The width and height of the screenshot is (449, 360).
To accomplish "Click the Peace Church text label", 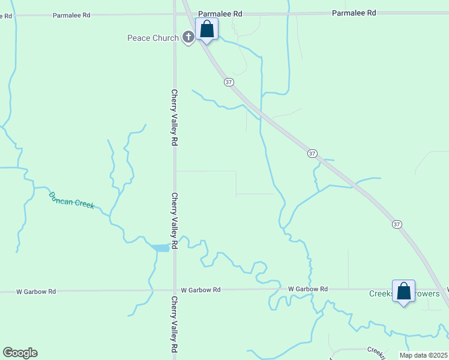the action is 152,38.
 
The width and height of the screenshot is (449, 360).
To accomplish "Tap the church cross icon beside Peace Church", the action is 188,38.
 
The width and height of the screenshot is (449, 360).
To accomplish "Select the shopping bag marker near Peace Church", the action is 206,29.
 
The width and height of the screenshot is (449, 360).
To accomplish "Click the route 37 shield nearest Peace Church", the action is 229,82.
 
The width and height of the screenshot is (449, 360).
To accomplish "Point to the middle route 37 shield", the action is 312,154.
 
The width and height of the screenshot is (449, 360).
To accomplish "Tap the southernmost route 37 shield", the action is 397,224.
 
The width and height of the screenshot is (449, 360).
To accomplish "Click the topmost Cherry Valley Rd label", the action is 175,118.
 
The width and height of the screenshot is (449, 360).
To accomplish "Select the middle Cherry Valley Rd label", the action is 175,220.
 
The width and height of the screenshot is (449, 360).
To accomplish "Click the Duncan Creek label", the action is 71,200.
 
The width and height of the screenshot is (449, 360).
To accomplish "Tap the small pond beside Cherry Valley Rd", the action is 160,248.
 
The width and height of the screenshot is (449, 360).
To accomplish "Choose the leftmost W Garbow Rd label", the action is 36,292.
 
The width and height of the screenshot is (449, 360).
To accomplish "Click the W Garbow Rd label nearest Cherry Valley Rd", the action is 200,290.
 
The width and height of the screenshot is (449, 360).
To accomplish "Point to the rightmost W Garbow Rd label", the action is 307,289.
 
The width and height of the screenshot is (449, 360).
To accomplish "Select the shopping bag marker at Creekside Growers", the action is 404,292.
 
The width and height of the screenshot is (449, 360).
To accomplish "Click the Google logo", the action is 20,353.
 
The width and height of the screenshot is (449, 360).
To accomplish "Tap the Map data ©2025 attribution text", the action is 423,355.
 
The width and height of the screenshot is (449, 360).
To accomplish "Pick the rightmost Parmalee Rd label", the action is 354,13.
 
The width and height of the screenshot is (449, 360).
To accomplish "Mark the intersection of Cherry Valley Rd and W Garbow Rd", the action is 175,290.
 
